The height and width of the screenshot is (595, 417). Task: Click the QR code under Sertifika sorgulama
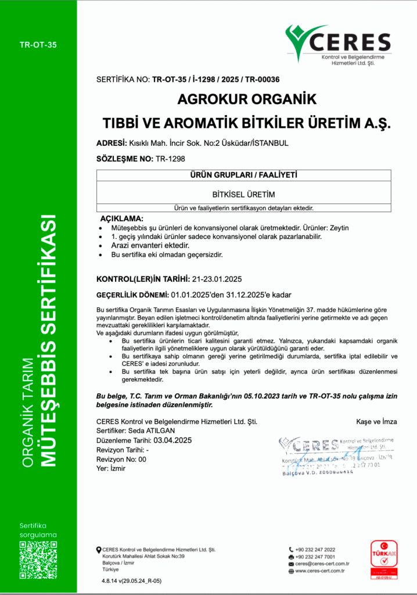pyautogui.click(x=38, y=559)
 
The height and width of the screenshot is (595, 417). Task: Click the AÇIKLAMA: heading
pyautogui.click(x=122, y=218)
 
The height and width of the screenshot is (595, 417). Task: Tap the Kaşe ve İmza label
pyautogui.click(x=376, y=421)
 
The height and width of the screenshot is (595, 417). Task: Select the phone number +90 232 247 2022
pyautogui.click(x=315, y=549)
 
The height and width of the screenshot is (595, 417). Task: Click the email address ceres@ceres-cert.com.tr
pyautogui.click(x=322, y=564)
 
